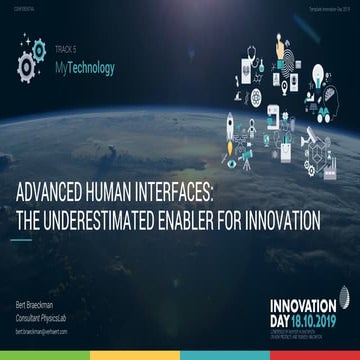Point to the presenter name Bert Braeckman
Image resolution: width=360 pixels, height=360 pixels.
[x=34, y=303]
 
